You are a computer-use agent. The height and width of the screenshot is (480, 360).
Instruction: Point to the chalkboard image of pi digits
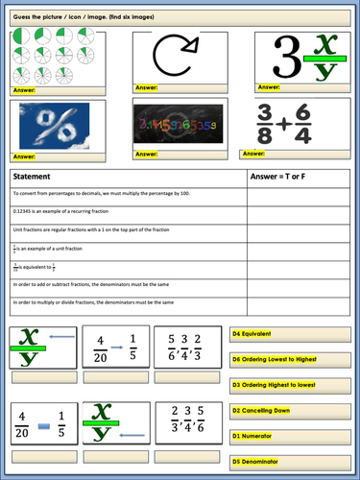pos(180,125)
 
